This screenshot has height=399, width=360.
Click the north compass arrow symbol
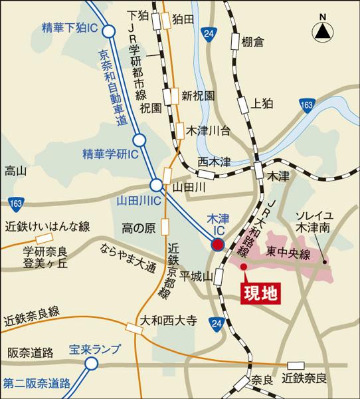pos(323,29)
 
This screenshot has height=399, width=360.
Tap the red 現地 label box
pos(257,292)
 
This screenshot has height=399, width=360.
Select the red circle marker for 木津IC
pos(217,246)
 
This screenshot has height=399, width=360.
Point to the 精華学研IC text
pos(110,154)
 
